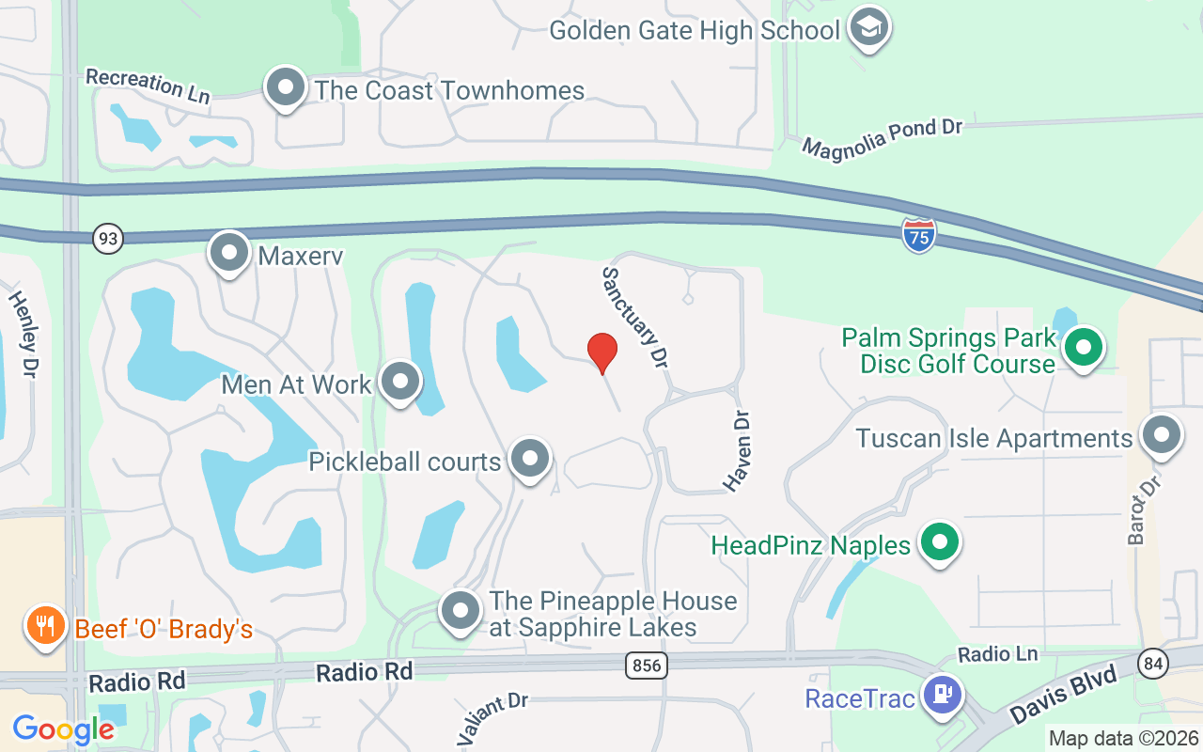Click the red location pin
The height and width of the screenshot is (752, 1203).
601,353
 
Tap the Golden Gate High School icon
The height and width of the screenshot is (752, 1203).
868,28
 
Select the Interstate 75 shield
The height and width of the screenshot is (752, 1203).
918,235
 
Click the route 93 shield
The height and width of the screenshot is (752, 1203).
108,239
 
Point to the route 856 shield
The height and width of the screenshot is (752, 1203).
647,666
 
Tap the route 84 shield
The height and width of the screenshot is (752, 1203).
1153,664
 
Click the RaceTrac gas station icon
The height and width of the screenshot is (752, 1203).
943,696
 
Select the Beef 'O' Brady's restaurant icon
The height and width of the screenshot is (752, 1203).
44,625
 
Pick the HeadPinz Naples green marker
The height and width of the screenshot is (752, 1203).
939,542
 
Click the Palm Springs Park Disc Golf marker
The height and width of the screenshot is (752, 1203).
1084,348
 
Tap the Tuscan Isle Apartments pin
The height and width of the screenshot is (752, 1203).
1162,436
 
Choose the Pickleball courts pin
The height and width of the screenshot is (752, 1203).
530,460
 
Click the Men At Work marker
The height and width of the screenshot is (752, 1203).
401,382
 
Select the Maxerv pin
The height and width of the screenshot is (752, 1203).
229,252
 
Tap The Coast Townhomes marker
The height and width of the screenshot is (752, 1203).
286,88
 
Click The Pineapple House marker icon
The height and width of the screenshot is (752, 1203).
461,610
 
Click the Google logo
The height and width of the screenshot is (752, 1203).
63,728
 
